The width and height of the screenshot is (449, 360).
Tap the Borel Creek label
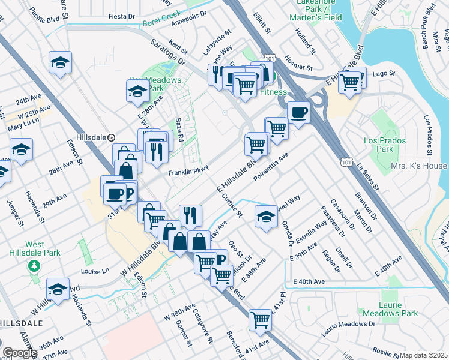[162, 23]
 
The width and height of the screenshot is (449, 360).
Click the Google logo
[19, 353]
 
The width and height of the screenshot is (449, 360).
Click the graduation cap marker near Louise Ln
[58, 290]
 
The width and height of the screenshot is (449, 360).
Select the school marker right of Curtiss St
[265, 217]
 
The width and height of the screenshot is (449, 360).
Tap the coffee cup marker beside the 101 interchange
[298, 112]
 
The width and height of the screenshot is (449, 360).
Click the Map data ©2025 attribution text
[423, 355]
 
